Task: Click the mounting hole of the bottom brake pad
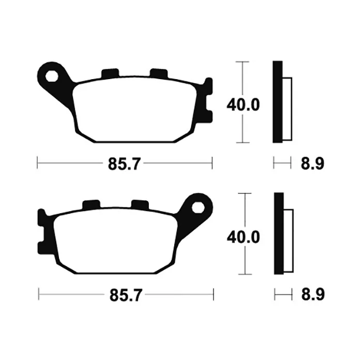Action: [198, 207]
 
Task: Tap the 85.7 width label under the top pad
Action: [124, 164]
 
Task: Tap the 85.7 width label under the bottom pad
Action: [125, 295]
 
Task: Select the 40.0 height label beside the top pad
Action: [243, 105]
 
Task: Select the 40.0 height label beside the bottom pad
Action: [244, 237]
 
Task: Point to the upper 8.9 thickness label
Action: [312, 164]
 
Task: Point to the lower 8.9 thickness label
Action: [313, 295]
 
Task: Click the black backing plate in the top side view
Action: [278, 102]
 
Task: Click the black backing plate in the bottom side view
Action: [279, 233]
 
